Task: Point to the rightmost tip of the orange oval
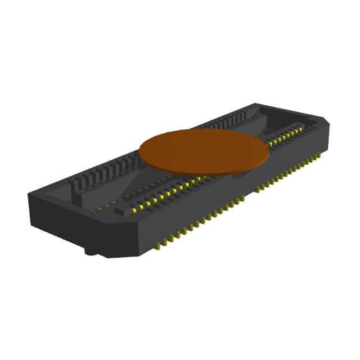[x=269, y=148]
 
